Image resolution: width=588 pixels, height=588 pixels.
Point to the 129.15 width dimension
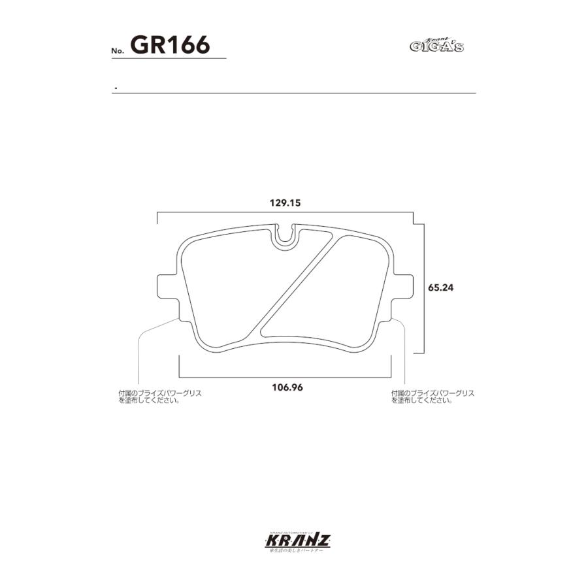pos(284,203)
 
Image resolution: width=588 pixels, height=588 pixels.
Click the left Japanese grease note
pos(160,397)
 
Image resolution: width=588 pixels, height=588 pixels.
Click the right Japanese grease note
pos(433,397)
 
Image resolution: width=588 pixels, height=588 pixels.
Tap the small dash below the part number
pos(115,88)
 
